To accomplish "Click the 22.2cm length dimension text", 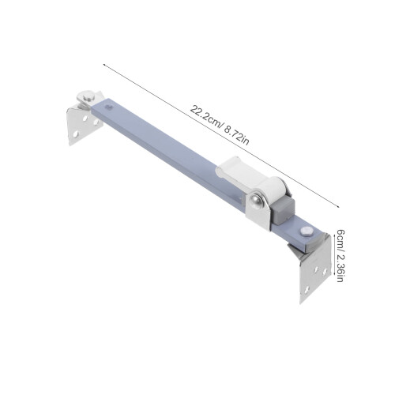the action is (207, 116).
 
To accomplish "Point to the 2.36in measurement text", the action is (340, 266).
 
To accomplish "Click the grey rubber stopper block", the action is (283, 211).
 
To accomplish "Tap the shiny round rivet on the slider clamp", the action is (256, 201).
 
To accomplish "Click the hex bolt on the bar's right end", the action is (306, 231).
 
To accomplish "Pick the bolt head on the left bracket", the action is (88, 96).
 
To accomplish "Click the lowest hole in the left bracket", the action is (75, 134).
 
